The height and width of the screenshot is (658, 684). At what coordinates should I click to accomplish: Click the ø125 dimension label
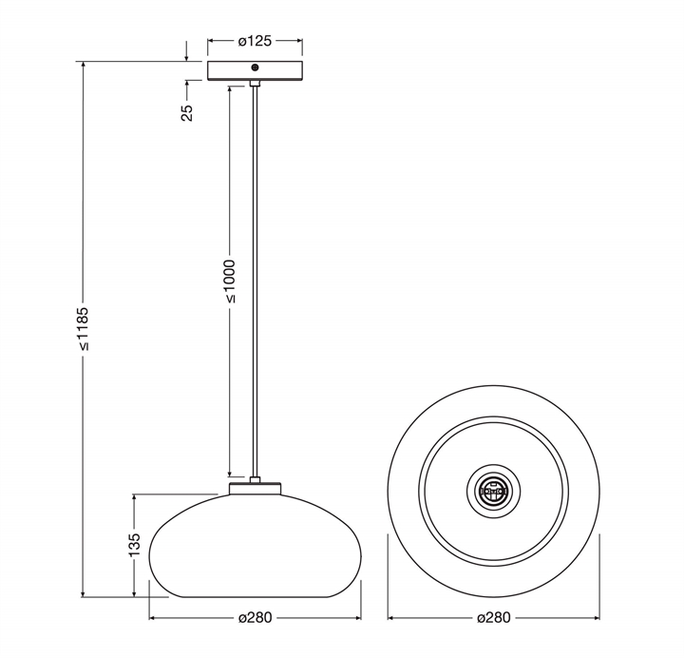click(x=255, y=41)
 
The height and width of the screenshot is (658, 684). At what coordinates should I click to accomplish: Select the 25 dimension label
click(x=187, y=111)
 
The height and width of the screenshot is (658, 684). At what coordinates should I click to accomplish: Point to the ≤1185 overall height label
click(x=85, y=329)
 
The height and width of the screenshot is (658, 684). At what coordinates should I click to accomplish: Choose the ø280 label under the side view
click(x=256, y=617)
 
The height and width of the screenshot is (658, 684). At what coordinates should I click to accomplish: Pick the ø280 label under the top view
click(x=493, y=617)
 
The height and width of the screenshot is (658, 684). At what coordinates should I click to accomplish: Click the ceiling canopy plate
click(x=255, y=71)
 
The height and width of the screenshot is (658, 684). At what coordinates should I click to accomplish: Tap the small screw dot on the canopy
click(x=255, y=68)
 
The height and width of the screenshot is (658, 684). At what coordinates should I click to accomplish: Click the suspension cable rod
click(x=255, y=285)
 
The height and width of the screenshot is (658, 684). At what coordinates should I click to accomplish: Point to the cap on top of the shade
click(x=255, y=489)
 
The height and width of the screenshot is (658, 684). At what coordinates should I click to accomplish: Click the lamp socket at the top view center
click(x=493, y=491)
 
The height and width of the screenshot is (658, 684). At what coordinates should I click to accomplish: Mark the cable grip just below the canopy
click(x=255, y=85)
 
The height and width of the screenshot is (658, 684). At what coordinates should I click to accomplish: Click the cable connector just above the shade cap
click(x=255, y=479)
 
